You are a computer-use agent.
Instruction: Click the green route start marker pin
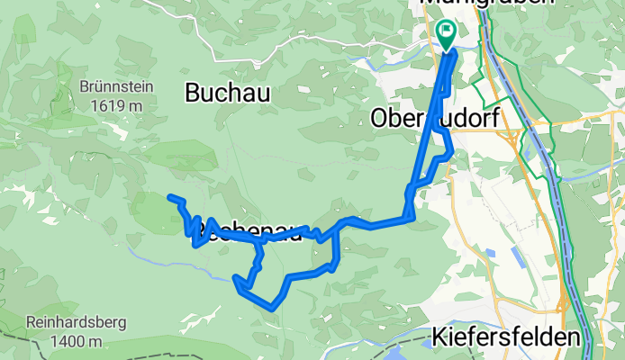point(446,31)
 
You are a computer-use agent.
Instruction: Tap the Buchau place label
point(220,91)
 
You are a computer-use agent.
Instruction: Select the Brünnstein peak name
point(117,88)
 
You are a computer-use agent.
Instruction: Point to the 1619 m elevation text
point(117,105)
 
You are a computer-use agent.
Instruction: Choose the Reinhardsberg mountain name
point(76,322)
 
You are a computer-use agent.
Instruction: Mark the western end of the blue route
point(169,196)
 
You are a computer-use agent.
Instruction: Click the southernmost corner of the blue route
point(270,308)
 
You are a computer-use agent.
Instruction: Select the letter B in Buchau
point(192,91)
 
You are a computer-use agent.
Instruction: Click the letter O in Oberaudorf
point(380,118)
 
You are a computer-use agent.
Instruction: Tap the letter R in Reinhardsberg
point(30,322)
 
